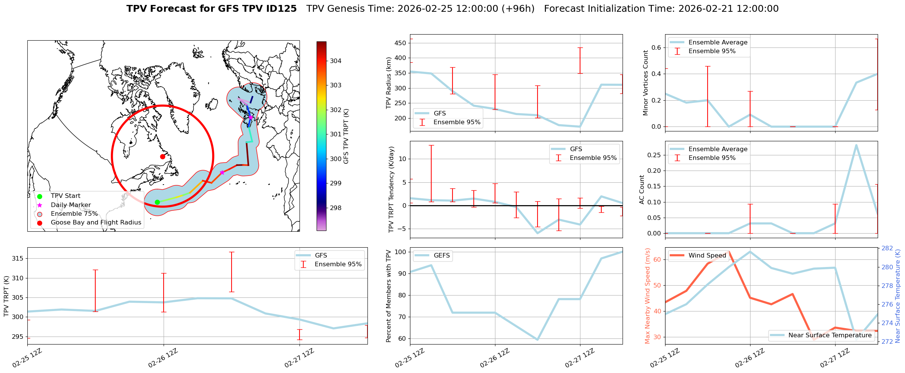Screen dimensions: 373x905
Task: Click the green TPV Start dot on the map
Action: [x=157, y=202]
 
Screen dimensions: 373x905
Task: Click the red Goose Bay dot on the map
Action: [x=162, y=156]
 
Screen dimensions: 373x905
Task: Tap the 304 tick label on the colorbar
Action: [x=336, y=61]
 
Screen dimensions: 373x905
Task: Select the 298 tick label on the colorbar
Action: [x=336, y=208]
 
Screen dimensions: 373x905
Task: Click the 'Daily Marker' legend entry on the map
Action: [x=71, y=205]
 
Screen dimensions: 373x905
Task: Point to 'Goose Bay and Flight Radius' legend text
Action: [x=96, y=223]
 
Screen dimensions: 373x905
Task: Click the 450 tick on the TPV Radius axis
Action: [x=401, y=43]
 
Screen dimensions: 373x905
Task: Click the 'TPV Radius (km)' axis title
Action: [x=389, y=83]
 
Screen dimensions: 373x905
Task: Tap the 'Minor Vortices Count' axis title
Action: [x=646, y=83]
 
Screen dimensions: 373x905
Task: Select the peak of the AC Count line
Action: [x=856, y=145]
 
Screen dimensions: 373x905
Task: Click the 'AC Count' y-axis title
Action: [x=642, y=190]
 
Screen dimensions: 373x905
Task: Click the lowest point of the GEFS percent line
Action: [x=537, y=340]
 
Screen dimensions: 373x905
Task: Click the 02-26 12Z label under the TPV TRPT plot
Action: [x=163, y=358]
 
